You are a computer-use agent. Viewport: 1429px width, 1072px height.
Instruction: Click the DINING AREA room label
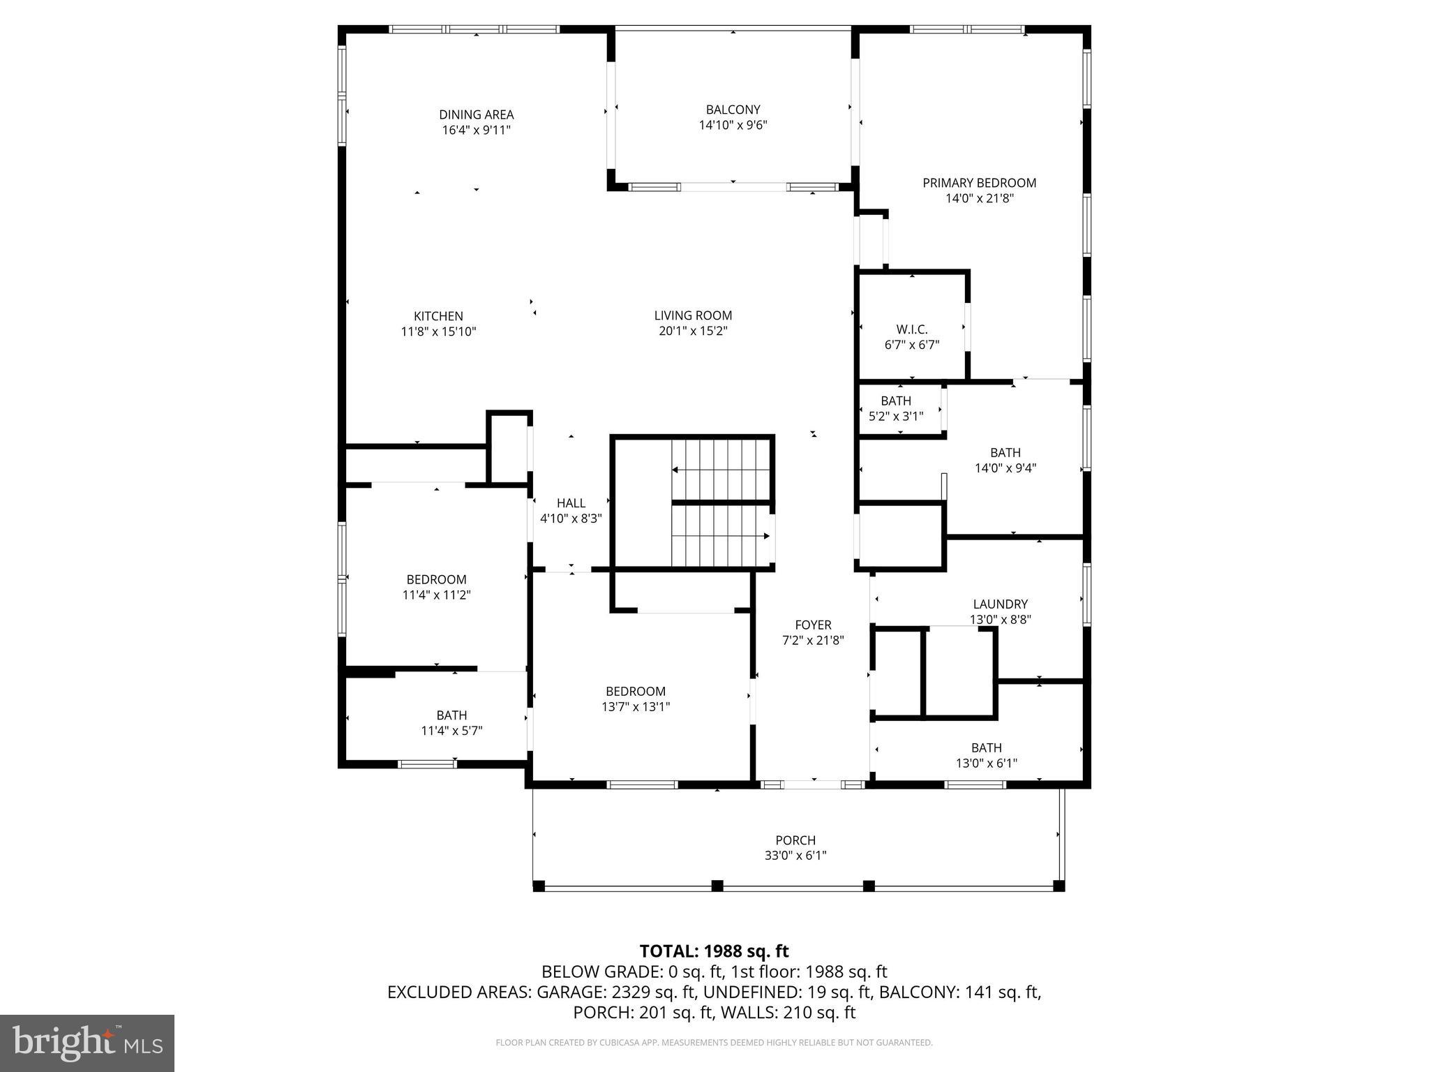coord(476,114)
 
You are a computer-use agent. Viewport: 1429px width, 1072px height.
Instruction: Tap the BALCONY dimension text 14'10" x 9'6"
coord(733,126)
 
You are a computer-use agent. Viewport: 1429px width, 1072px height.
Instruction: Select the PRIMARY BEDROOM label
coord(979,183)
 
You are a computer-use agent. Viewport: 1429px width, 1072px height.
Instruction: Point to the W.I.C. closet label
coord(912,329)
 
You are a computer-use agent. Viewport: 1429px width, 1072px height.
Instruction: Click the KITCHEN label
coord(438,316)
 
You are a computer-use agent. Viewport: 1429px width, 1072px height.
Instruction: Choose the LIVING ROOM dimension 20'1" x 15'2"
coord(693,332)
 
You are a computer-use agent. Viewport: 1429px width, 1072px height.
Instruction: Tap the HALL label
coord(571,503)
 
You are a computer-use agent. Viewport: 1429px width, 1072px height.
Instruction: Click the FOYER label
coord(813,625)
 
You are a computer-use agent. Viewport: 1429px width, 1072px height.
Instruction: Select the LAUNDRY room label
coord(1000,604)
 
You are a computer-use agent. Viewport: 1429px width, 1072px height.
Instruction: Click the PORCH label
coord(795,840)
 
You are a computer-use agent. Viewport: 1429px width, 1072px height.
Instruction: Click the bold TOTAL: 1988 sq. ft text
coord(714,951)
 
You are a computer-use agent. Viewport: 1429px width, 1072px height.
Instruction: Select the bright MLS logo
coord(87,1043)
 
